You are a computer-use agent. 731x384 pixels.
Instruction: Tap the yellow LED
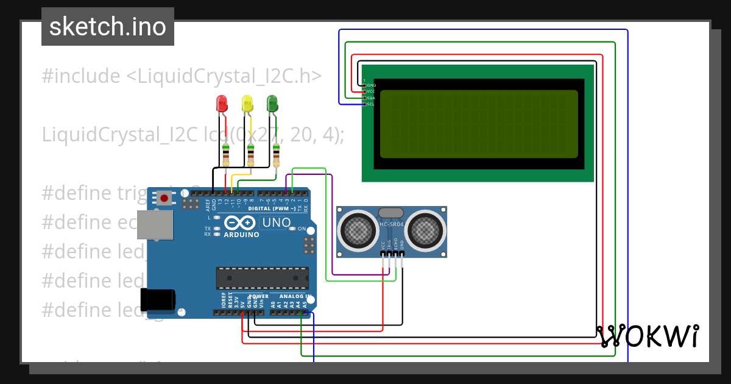point(247,102)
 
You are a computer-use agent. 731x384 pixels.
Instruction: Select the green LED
point(272,102)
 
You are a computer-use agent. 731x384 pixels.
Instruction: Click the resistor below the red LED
point(226,155)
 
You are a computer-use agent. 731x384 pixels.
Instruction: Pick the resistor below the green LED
point(277,155)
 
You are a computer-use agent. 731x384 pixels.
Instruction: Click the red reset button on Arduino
point(164,197)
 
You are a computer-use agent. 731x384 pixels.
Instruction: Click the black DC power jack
point(157,300)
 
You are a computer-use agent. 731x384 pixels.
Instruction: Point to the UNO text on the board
point(276,223)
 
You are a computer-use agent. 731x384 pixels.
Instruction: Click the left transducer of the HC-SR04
point(358,230)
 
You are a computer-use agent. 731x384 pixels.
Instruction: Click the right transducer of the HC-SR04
point(425,230)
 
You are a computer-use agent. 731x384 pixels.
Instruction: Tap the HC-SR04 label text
point(391,225)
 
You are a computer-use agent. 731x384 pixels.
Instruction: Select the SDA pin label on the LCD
point(370,98)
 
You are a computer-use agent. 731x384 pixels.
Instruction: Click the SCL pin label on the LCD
point(370,104)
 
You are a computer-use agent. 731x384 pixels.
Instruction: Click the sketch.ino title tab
point(108,27)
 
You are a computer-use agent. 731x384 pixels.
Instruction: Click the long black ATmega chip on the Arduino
point(262,278)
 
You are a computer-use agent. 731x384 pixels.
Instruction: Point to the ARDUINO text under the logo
point(241,235)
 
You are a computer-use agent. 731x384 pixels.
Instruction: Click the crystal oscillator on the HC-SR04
point(390,213)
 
